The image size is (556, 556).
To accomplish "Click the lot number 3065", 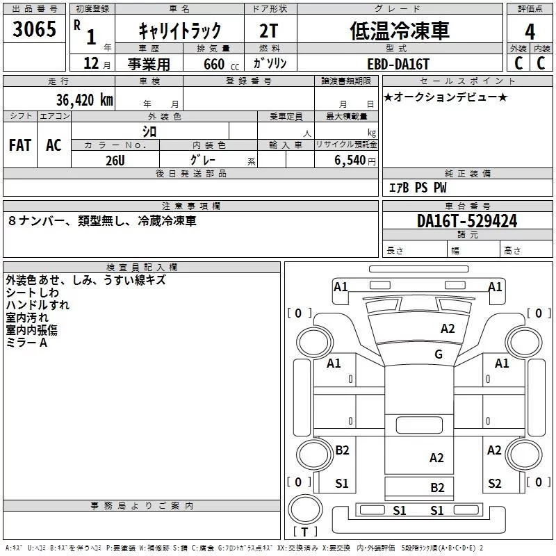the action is click(x=34, y=30).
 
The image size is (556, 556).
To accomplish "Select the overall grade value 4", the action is click(x=530, y=31).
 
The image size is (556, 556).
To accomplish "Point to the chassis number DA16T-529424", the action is click(x=466, y=221).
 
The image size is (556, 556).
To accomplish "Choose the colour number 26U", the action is click(x=115, y=159).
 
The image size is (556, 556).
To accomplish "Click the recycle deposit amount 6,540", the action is click(x=346, y=160).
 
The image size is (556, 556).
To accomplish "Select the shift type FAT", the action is click(x=19, y=145).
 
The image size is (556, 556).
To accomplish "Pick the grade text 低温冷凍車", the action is click(x=399, y=30).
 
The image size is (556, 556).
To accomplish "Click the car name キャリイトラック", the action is click(x=179, y=31).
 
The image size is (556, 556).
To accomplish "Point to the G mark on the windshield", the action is click(x=438, y=354).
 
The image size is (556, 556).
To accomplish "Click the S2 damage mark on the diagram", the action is click(x=494, y=484).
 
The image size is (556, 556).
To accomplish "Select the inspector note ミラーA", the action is click(x=26, y=343).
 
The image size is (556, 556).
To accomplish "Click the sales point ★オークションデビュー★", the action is click(x=445, y=97).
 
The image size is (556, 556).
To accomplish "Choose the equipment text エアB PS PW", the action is click(x=418, y=188).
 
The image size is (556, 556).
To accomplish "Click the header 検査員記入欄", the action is click(x=142, y=267).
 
